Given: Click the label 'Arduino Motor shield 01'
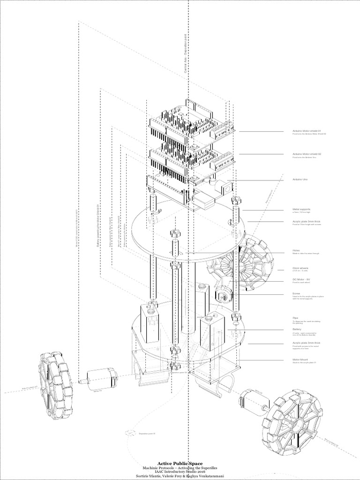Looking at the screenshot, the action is pyautogui.click(x=307, y=132).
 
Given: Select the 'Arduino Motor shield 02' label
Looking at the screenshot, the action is pyautogui.click(x=307, y=154).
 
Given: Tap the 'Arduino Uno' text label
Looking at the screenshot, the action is pyautogui.click(x=300, y=180).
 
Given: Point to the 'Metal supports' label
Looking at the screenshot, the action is pyautogui.click(x=301, y=210).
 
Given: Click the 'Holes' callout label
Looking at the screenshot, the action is pyautogui.click(x=296, y=250).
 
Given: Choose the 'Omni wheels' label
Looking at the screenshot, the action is pyautogui.click(x=300, y=269).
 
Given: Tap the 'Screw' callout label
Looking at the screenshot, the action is pyautogui.click(x=296, y=294).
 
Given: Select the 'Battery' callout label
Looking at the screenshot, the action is pyautogui.click(x=297, y=330).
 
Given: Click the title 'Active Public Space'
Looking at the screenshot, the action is pyautogui.click(x=180, y=462).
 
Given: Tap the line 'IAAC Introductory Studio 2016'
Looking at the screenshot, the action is pyautogui.click(x=180, y=471).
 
